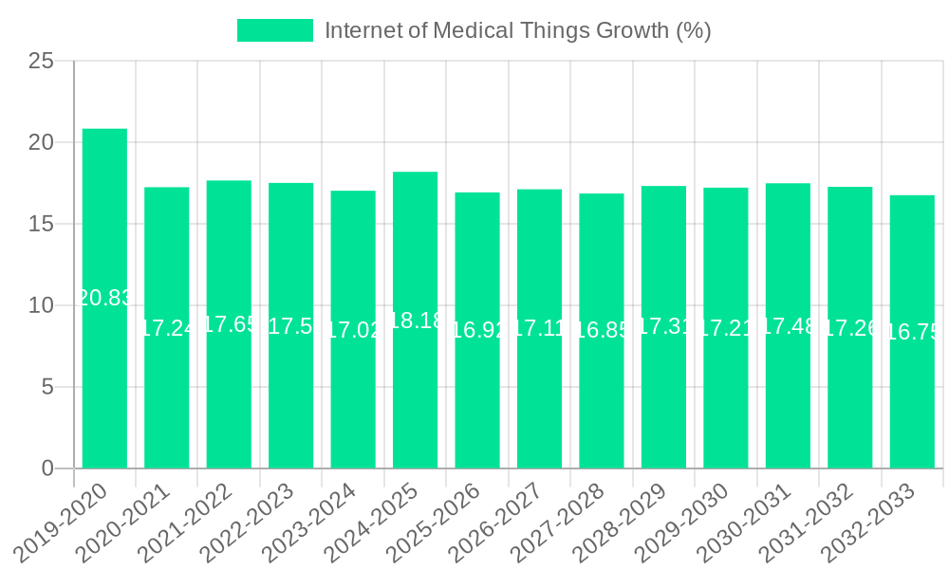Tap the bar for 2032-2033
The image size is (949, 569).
click(912, 332)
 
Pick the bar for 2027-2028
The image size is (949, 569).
click(602, 331)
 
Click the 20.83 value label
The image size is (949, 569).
click(104, 298)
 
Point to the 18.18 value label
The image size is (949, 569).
click(415, 321)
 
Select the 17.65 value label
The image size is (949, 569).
click(229, 324)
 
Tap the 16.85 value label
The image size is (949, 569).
click(602, 330)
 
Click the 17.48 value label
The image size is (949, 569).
click(788, 326)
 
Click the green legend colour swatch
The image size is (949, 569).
click(274, 30)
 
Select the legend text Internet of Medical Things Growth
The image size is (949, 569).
click(517, 30)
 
